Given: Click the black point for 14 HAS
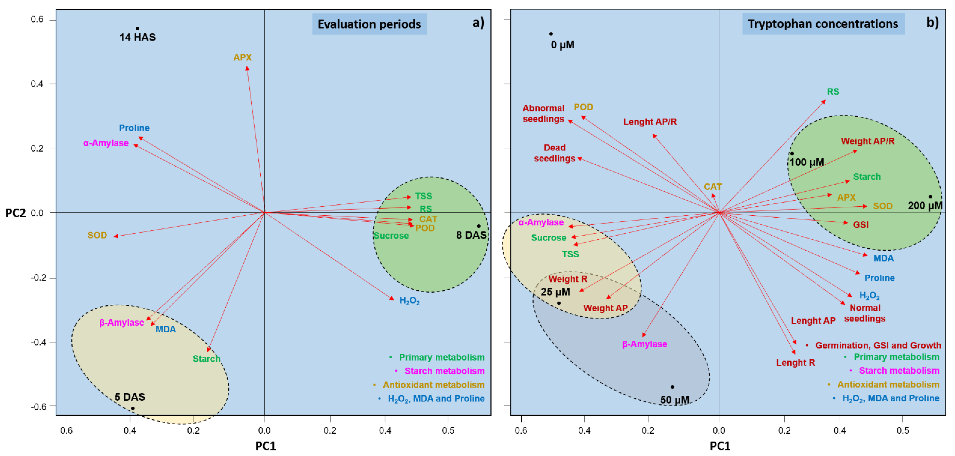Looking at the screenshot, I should tap(137, 28).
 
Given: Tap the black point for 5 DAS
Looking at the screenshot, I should tap(132, 408).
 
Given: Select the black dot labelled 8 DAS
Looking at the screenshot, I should tap(479, 226).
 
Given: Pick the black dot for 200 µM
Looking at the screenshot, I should tap(930, 197).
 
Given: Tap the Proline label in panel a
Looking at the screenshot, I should tap(134, 128).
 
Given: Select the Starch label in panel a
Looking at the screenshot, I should tap(206, 358).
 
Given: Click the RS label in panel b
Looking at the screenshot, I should tap(833, 92).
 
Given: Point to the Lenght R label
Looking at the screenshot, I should tap(796, 363).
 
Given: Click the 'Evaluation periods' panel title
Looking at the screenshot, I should tap(369, 24).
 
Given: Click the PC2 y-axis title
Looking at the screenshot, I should tap(15, 213).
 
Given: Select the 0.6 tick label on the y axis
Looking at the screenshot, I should tap(37, 19).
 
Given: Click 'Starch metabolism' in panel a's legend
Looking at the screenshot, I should tap(444, 371).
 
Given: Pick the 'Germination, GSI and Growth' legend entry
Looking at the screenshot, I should tap(878, 345).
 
